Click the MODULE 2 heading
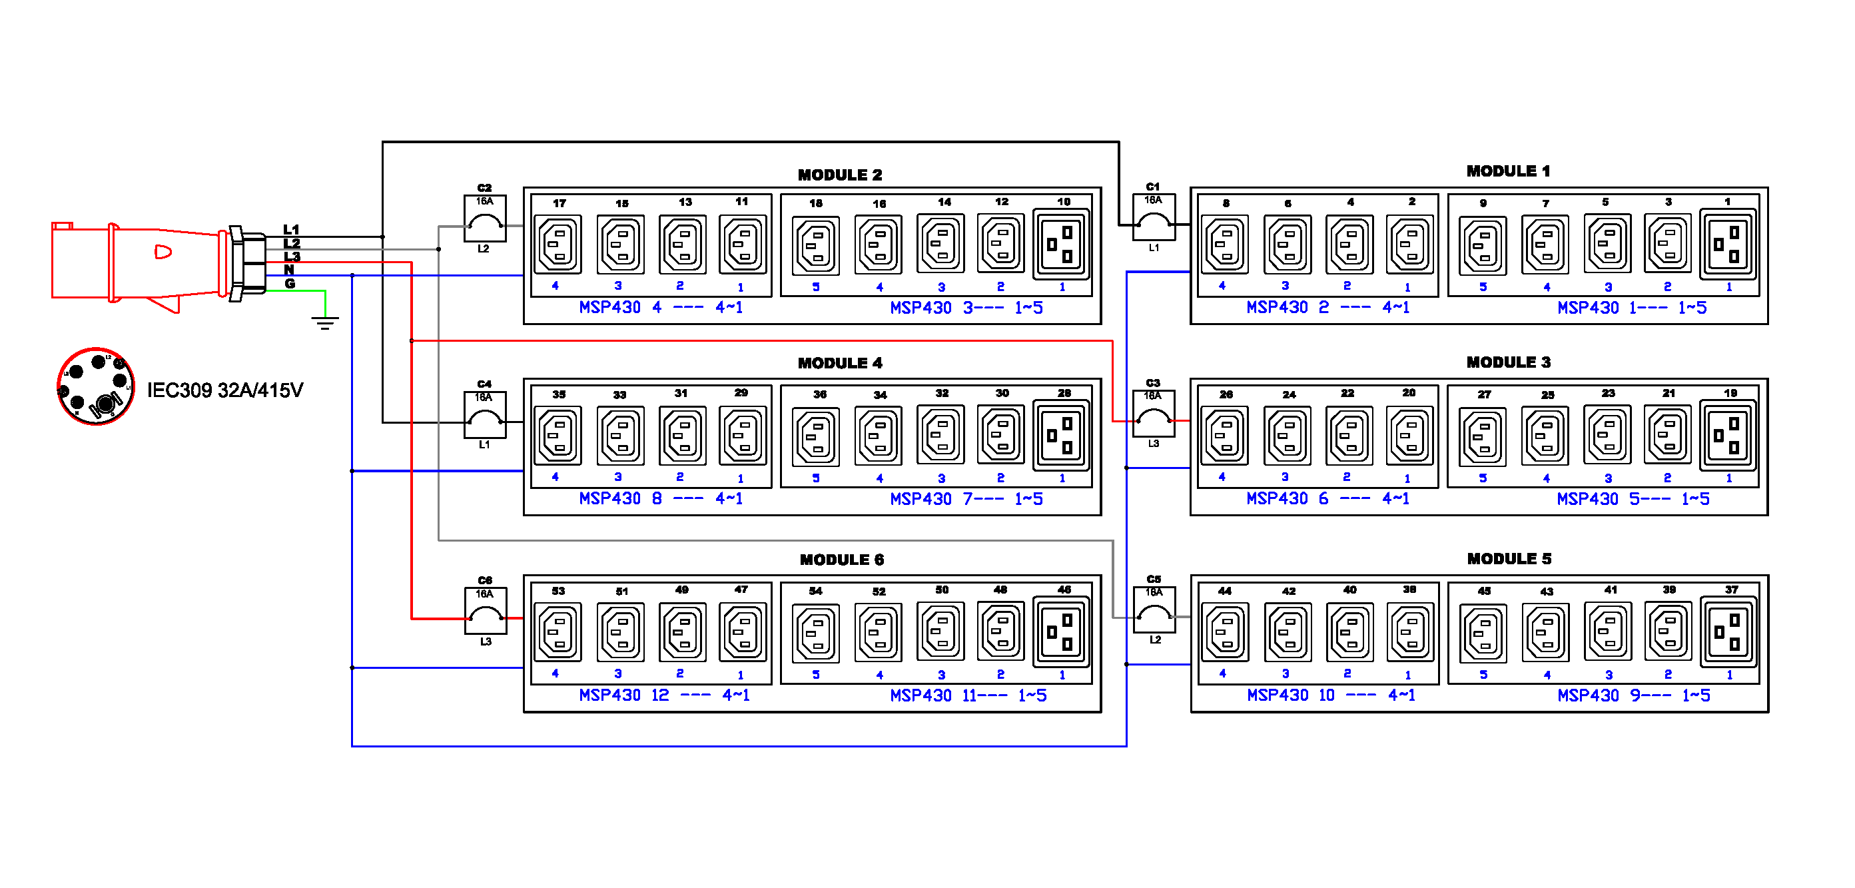click(x=840, y=175)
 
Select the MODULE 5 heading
click(x=1509, y=559)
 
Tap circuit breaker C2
click(x=485, y=219)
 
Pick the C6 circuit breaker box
click(x=486, y=612)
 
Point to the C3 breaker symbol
click(x=1154, y=414)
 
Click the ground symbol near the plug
click(x=326, y=322)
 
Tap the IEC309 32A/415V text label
click(x=224, y=390)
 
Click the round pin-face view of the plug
click(x=96, y=388)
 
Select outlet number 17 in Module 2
click(x=558, y=244)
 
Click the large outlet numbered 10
click(x=1061, y=244)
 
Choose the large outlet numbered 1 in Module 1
click(x=1728, y=244)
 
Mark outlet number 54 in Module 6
click(x=816, y=633)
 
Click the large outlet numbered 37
click(x=1728, y=632)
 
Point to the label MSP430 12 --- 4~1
click(x=664, y=695)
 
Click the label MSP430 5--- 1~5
click(x=1633, y=499)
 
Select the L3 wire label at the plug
click(x=292, y=257)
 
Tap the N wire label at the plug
click(x=289, y=270)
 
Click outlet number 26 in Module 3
click(x=1224, y=436)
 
